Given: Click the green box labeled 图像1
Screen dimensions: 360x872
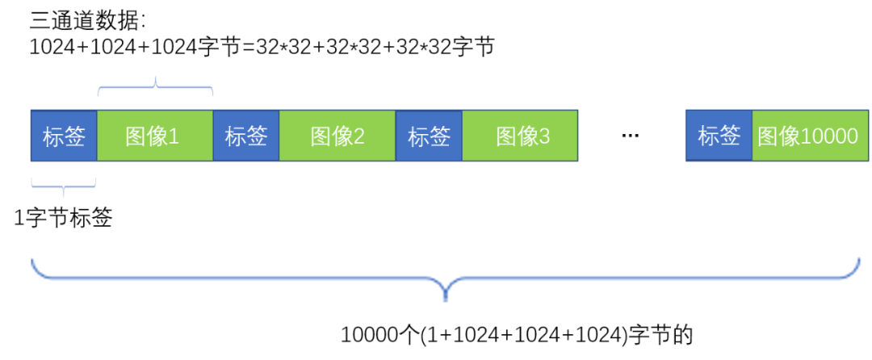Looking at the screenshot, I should pyautogui.click(x=155, y=136).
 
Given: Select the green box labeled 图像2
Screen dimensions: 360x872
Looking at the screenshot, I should pyautogui.click(x=337, y=136).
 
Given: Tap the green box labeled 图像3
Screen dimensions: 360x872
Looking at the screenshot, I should pyautogui.click(x=520, y=136).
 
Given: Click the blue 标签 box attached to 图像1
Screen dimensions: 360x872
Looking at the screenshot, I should pyautogui.click(x=64, y=136).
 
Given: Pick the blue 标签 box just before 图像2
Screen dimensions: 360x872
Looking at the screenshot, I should pyautogui.click(x=246, y=136).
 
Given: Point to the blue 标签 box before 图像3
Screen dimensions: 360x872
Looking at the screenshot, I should pyautogui.click(x=429, y=136).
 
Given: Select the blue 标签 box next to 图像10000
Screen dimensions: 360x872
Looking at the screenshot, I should pyautogui.click(x=719, y=136).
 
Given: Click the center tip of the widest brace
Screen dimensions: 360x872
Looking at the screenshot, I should pyautogui.click(x=445, y=297).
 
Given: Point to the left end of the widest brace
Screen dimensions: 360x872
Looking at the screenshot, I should pyautogui.click(x=32, y=260).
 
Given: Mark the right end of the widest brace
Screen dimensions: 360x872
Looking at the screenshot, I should pyautogui.click(x=857, y=260).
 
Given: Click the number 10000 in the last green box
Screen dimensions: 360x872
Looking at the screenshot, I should pyautogui.click(x=830, y=136).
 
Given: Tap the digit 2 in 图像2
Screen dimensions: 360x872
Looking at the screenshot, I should pyautogui.click(x=358, y=136).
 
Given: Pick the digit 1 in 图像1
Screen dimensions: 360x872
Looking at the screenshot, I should pyautogui.click(x=174, y=136).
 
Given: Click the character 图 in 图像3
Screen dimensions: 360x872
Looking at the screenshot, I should pyautogui.click(x=506, y=136).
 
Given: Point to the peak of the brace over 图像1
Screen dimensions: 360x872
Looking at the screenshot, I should pyautogui.click(x=156, y=78).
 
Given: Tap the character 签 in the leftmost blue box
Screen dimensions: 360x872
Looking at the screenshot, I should pyautogui.click(x=75, y=136).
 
